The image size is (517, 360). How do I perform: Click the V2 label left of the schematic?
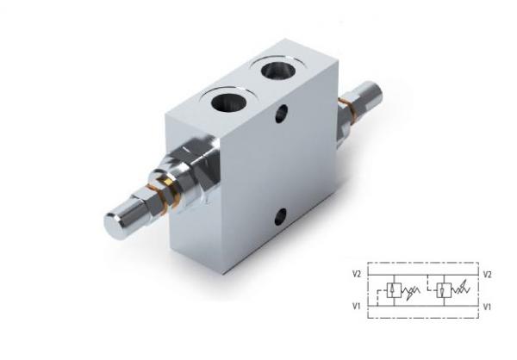(x=357, y=274)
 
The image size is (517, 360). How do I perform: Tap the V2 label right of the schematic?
(x=488, y=274)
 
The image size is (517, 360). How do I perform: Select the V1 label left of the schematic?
(x=356, y=307)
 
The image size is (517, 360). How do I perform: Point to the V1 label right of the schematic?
(x=487, y=307)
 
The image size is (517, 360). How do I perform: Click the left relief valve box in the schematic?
(x=394, y=290)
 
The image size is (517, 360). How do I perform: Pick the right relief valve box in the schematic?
(x=444, y=290)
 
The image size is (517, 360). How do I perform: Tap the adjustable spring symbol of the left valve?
(x=410, y=291)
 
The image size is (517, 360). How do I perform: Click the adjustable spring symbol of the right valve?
(x=460, y=290)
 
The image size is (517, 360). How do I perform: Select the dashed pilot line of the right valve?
(x=431, y=283)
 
